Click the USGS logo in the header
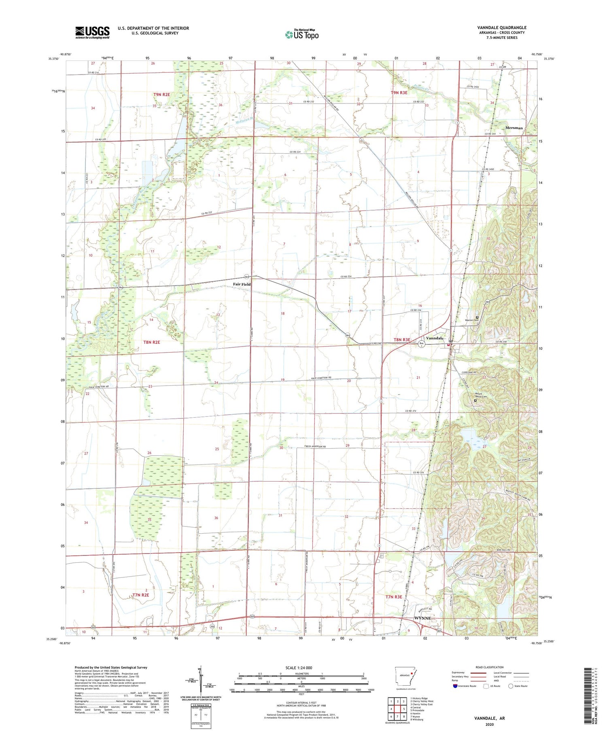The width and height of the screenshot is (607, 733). (x=92, y=32)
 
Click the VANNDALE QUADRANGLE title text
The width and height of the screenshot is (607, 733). (x=501, y=27)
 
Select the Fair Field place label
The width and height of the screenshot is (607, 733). (x=242, y=284)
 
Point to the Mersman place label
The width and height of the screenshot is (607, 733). (x=514, y=128)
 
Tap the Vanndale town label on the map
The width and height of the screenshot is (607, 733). (x=435, y=338)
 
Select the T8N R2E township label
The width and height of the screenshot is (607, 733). (x=152, y=342)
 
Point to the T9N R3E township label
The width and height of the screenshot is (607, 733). (x=399, y=93)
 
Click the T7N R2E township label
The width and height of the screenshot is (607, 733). (x=141, y=595)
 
